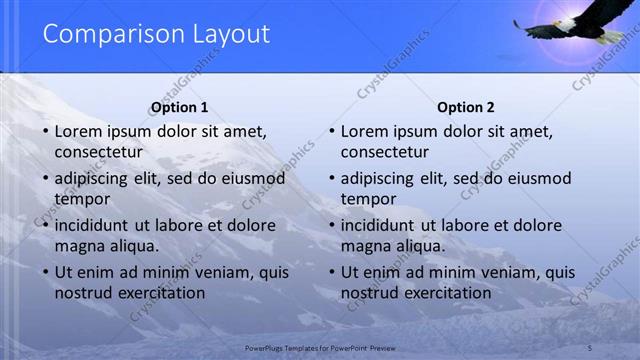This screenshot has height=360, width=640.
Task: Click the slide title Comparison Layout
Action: pos(156,34)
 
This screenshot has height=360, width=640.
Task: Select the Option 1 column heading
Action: pos(179,107)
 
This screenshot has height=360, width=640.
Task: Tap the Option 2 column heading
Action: pos(466,107)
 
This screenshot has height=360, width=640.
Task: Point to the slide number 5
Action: pos(589,347)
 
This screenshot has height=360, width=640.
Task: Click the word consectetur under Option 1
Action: pos(98,152)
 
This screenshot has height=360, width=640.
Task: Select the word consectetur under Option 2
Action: pos(385,152)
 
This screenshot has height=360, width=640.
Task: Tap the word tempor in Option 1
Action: pos(82,199)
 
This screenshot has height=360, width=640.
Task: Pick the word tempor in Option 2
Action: pos(368,199)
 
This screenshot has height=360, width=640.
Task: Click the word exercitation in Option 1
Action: pos(159,293)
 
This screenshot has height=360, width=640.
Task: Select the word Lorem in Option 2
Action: pos(364,131)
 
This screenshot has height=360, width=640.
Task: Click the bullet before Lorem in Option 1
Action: pos(45,131)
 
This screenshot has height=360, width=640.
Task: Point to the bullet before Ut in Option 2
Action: pos(331,272)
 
